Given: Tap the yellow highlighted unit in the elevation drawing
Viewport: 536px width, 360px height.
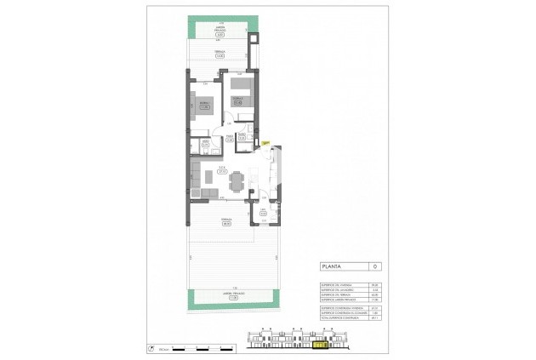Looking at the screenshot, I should pos(321,346).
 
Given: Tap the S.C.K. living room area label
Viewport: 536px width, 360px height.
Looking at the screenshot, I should pos(221,168).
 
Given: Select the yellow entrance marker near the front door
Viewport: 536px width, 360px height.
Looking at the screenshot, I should pos(265,143).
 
